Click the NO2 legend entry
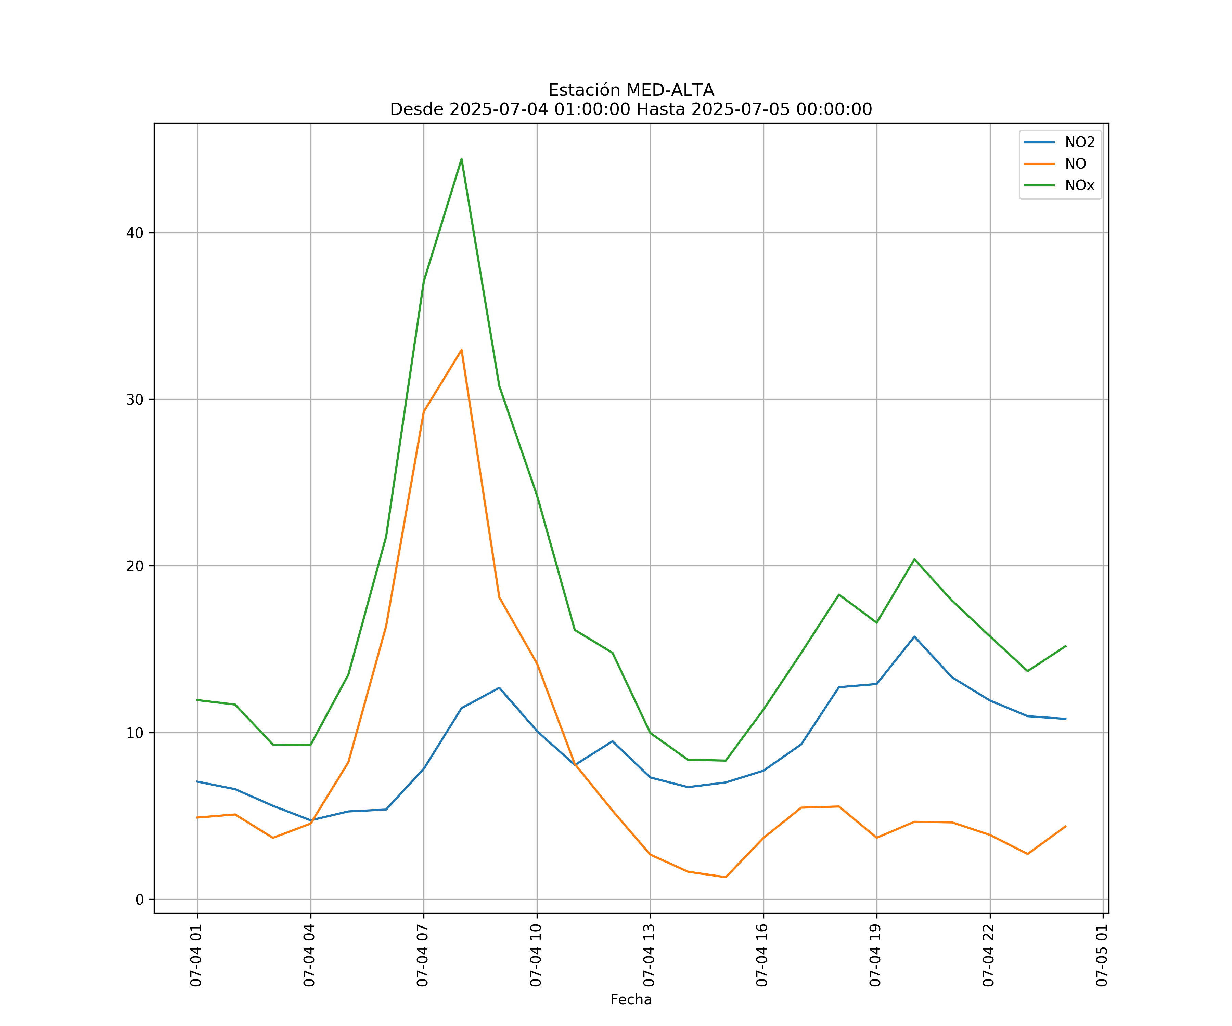point(1079,143)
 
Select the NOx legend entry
point(1079,186)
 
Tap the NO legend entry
point(1075,164)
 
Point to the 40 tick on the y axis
point(135,233)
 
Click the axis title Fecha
point(631,1000)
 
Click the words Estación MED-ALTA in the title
point(631,90)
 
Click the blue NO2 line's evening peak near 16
point(914,637)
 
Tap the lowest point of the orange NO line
point(726,877)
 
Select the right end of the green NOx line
point(1065,646)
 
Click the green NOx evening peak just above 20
point(914,559)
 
